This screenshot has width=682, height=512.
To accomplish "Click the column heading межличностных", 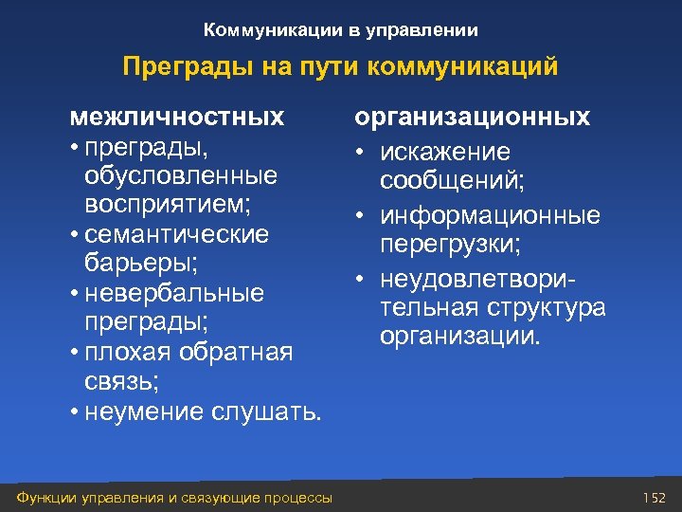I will pyautogui.click(x=177, y=117).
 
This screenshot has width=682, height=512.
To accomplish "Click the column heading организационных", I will pyautogui.click(x=472, y=117).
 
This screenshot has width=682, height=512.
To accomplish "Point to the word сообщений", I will pyautogui.click(x=443, y=181).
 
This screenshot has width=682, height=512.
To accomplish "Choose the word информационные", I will pyautogui.click(x=490, y=216).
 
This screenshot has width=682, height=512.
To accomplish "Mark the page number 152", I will pyautogui.click(x=655, y=498).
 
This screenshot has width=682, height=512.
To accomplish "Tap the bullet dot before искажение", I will pyautogui.click(x=362, y=152).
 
